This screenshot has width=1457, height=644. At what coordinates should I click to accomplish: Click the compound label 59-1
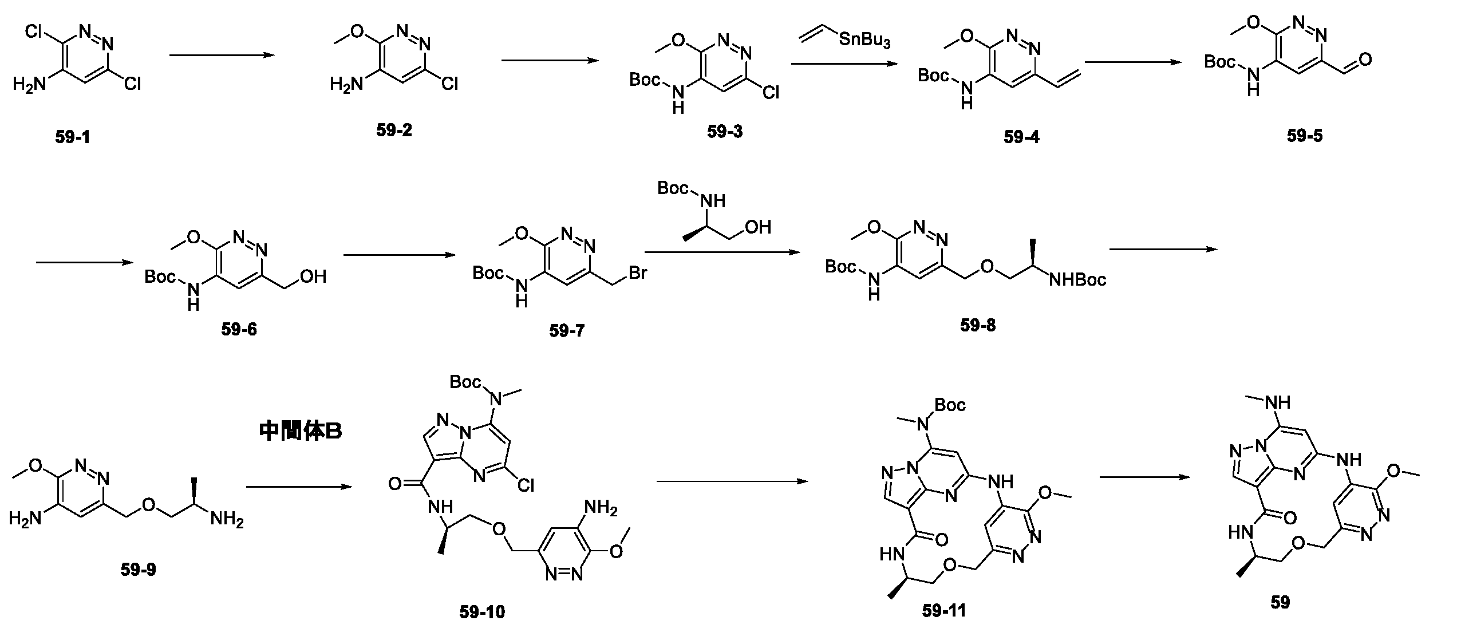tap(73, 138)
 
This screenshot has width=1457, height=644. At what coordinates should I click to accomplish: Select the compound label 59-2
tap(394, 131)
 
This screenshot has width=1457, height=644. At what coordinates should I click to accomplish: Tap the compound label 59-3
tap(724, 132)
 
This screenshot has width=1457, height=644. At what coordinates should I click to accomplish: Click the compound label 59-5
tap(1305, 136)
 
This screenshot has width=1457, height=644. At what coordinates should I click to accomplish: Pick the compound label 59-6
tap(239, 330)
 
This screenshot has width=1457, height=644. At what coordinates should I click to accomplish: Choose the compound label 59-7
tap(567, 331)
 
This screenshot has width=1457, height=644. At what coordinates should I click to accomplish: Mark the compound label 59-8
tap(978, 326)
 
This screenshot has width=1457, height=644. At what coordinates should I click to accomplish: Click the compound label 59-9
tap(138, 570)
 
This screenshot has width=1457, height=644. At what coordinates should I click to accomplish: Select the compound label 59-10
tap(482, 613)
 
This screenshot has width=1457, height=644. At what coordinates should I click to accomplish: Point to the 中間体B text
tap(301, 431)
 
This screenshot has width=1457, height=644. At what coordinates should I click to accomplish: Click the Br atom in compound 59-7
tap(637, 273)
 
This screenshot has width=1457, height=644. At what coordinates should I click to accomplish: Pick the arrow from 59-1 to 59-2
tap(220, 56)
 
